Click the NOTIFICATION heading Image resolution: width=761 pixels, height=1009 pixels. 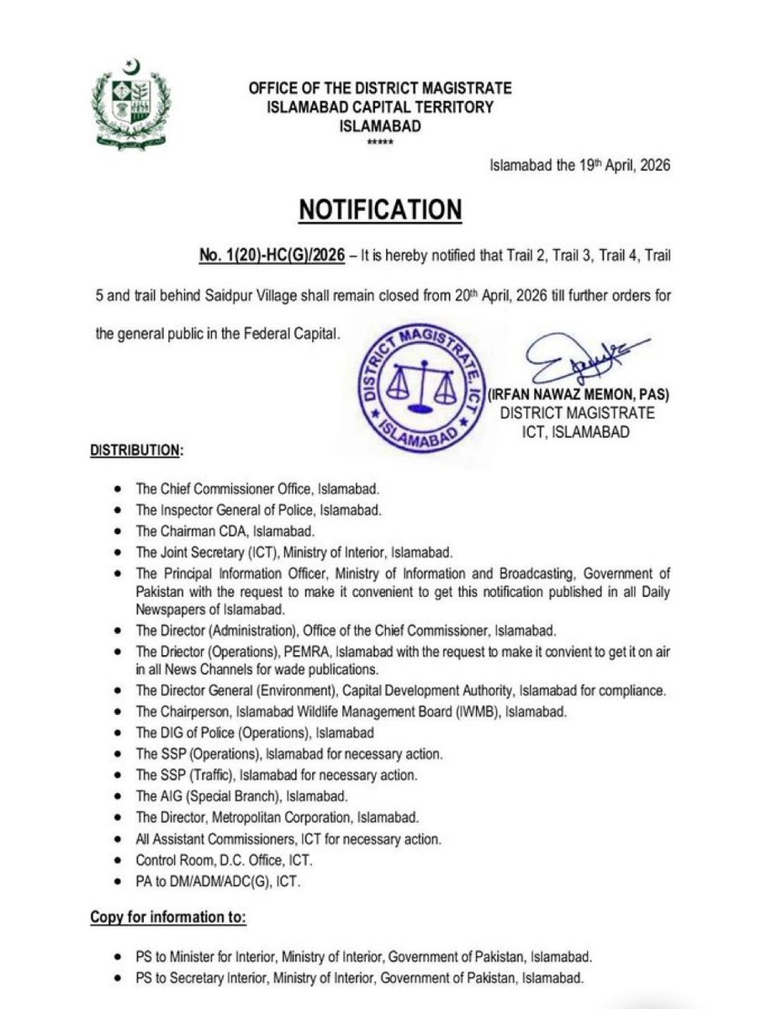(x=380, y=209)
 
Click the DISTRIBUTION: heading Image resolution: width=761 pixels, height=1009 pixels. (x=135, y=452)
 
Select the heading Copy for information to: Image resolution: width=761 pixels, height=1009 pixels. (x=168, y=918)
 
